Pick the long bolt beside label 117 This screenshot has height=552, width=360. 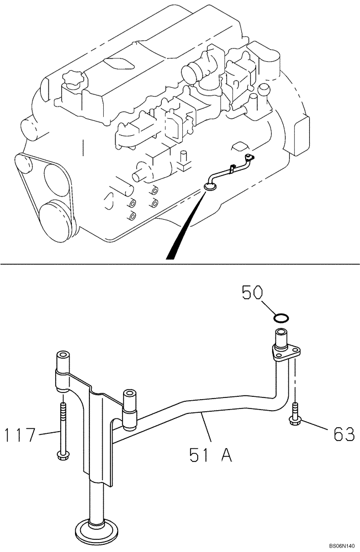pyautogui.click(x=62, y=431)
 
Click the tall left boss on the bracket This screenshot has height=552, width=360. pyautogui.click(x=62, y=362)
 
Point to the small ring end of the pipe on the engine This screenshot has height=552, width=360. pyautogui.click(x=210, y=187)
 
